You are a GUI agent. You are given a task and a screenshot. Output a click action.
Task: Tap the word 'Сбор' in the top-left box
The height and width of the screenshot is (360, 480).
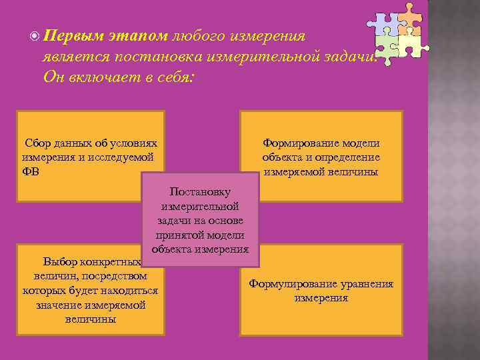38,143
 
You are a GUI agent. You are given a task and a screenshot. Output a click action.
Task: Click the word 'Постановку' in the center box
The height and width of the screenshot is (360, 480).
200,191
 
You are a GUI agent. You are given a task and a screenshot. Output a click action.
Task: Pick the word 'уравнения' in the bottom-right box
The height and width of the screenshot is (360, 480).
369,284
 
